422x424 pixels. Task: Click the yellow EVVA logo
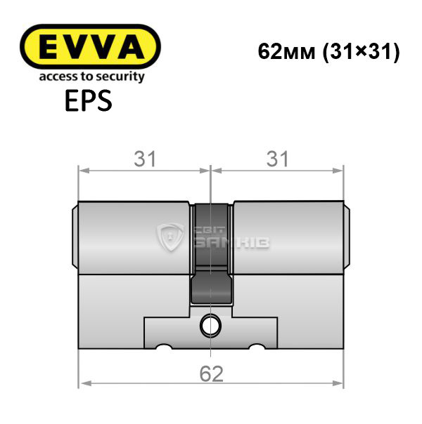pyautogui.click(x=90, y=46)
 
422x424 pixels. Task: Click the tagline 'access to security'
pyautogui.click(x=92, y=77)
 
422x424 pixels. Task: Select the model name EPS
pyautogui.click(x=89, y=100)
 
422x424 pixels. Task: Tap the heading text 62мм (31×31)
pyautogui.click(x=328, y=52)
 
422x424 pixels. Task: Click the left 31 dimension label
pyautogui.click(x=145, y=159)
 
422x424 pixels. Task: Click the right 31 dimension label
pyautogui.click(x=277, y=159)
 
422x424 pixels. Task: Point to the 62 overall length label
pyautogui.click(x=212, y=373)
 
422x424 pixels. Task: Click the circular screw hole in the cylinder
pyautogui.click(x=210, y=326)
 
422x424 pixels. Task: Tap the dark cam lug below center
pyautogui.click(x=212, y=287)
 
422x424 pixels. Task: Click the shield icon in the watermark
pyautogui.click(x=171, y=237)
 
